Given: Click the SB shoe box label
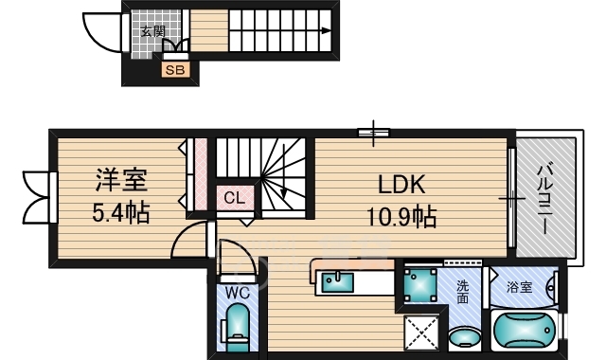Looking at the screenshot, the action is (175, 70).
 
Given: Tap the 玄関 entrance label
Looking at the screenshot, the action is (152, 31).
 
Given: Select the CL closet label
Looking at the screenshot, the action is (235, 198).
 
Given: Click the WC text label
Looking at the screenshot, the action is (238, 294).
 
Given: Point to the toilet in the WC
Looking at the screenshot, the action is (236, 327).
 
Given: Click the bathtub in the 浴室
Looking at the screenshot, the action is (525, 331).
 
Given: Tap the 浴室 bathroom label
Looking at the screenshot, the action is (519, 287).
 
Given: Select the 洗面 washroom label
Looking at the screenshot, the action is (462, 292).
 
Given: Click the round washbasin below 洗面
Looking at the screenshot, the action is (465, 337).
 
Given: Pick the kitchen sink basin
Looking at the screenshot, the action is (338, 282).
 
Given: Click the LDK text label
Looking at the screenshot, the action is (401, 185).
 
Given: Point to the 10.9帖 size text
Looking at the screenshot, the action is (401, 217).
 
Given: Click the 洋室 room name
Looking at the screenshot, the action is (121, 180).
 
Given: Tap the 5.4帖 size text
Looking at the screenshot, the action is (121, 212).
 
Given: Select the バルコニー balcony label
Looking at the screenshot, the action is (545, 199).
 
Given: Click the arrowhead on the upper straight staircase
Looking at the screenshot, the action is (326, 31).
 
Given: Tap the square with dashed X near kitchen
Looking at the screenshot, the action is (421, 333).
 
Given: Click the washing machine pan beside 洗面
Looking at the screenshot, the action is (420, 285).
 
